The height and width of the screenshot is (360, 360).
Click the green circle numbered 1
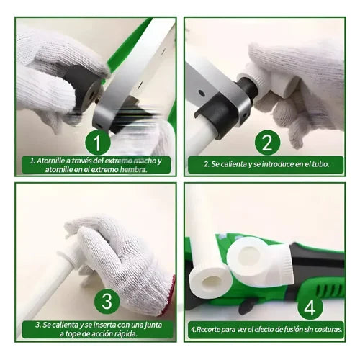pyautogui.click(x=98, y=143)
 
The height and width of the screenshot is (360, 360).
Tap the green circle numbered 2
pyautogui.click(x=267, y=143)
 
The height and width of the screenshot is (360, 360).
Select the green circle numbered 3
pyautogui.click(x=107, y=301)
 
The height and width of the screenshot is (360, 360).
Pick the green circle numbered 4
pyautogui.click(x=310, y=307)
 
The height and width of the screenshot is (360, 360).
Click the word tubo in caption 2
pyautogui.click(x=320, y=164)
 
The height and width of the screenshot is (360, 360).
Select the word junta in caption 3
pyautogui.click(x=153, y=325)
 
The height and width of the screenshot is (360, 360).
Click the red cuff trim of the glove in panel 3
pyautogui.click(x=168, y=297)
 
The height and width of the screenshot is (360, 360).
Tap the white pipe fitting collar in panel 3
pyautogui.click(x=68, y=254)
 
